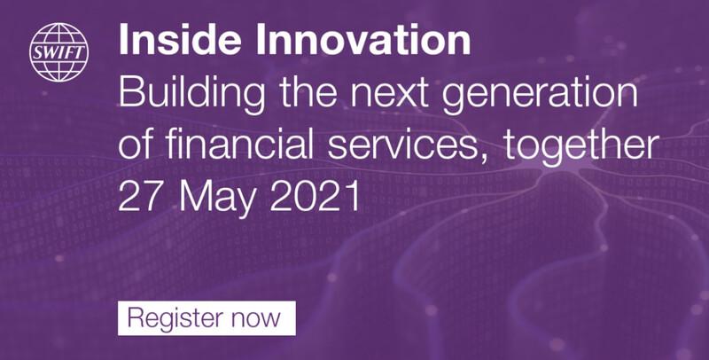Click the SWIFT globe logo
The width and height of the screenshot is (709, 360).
pyautogui.click(x=58, y=52)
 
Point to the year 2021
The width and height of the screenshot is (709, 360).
pyautogui.click(x=315, y=197)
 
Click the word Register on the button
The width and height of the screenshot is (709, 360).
pyautogui.click(x=175, y=318)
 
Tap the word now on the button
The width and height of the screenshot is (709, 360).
pyautogui.click(x=256, y=320)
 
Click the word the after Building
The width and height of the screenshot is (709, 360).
pyautogui.click(x=308, y=94)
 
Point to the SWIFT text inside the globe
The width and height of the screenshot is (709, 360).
pyautogui.click(x=58, y=53)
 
